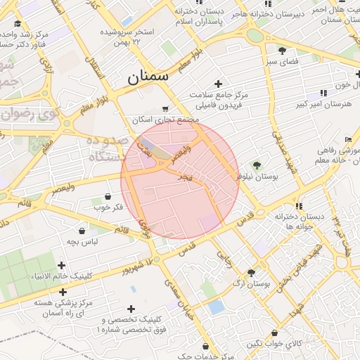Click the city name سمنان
pyautogui.click(x=148, y=77)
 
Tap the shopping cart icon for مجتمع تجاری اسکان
pyautogui.click(x=165, y=108)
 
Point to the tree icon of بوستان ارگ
pyautogui.click(x=251, y=272)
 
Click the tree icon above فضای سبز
pyautogui.click(x=282, y=51)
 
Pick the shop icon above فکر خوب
pyautogui.click(x=108, y=196)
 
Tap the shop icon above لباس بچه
pyautogui.click(x=82, y=230)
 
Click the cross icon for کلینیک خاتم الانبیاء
pyautogui.click(x=62, y=265)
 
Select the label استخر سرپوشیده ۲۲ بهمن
pyautogui.click(x=127, y=37)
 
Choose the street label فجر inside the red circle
pyautogui.click(x=185, y=178)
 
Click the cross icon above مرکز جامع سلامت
pyautogui.click(x=219, y=84)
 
